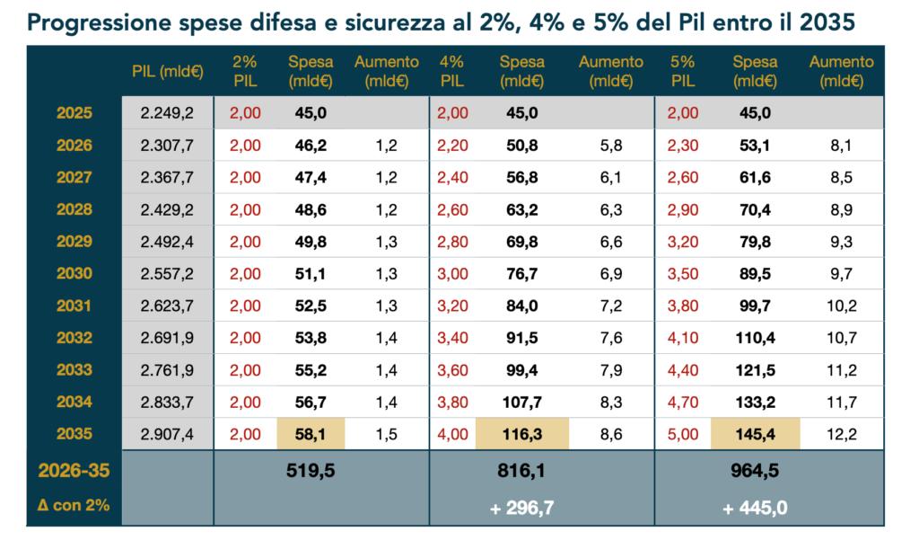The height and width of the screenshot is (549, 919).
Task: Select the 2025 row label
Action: (74, 113)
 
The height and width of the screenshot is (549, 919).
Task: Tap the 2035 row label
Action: (74, 435)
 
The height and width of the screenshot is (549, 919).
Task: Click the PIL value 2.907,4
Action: (167, 435)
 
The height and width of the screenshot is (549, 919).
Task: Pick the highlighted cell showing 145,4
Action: (755, 435)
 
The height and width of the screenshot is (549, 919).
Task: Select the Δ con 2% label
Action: (74, 506)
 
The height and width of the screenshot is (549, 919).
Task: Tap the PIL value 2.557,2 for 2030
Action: (167, 274)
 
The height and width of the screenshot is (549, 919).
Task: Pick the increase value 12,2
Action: (842, 435)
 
